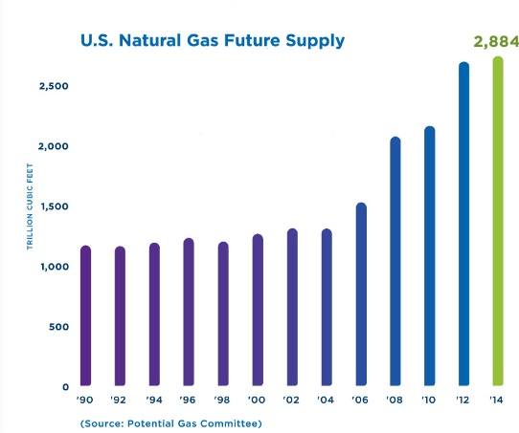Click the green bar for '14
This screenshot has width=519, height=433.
(x=498, y=221)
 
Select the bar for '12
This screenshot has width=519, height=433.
(x=463, y=224)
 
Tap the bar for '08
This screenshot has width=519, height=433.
(x=395, y=261)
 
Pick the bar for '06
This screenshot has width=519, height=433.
(x=361, y=294)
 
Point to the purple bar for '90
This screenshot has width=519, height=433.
(x=86, y=315)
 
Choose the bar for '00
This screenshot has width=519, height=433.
(x=258, y=310)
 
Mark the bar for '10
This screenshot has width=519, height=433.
(x=430, y=255)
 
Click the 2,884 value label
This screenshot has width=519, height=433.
(x=496, y=42)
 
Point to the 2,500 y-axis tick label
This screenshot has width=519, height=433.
(x=54, y=86)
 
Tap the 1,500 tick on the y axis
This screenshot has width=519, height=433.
(x=55, y=206)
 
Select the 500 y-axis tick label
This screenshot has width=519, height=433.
(x=58, y=327)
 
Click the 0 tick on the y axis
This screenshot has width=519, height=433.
(x=65, y=387)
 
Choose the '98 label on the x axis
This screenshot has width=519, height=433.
(x=222, y=400)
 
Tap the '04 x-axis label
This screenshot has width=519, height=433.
(x=326, y=400)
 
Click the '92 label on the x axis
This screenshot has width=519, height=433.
(x=118, y=400)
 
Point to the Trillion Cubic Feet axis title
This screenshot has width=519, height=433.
(x=30, y=206)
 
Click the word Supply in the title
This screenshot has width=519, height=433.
(x=315, y=42)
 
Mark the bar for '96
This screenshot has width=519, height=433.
(x=189, y=312)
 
